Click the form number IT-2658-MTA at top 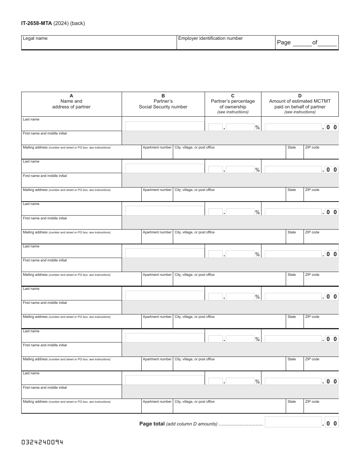[x=36, y=23]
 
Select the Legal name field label [x=35, y=38]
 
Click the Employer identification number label [x=210, y=38]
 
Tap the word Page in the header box [x=283, y=42]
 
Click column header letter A [x=71, y=96]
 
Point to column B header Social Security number [x=163, y=107]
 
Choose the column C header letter [x=233, y=96]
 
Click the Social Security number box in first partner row [x=164, y=126]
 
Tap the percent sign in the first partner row [x=257, y=128]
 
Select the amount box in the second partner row [x=293, y=169]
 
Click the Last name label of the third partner [x=31, y=204]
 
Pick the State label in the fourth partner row [x=291, y=275]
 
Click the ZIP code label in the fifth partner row [x=312, y=317]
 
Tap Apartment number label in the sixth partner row [x=157, y=359]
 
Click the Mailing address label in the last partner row [x=35, y=402]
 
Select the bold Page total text [x=152, y=424]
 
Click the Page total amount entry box [x=293, y=422]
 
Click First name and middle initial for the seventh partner [x=45, y=388]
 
